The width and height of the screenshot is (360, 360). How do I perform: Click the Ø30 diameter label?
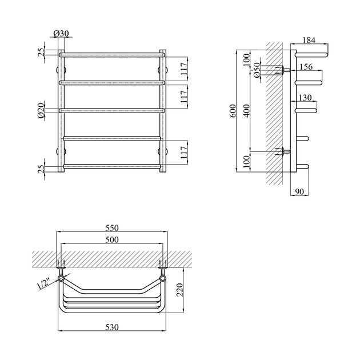tap(62, 34)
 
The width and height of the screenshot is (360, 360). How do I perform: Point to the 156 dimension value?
tap(306, 67)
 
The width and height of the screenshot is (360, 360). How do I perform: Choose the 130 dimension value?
tap(304, 98)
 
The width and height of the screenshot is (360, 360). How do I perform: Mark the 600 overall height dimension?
tap(233, 111)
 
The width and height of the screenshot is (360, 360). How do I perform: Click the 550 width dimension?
tap(112, 227)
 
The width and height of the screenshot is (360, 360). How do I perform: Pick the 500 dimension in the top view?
tap(112, 240)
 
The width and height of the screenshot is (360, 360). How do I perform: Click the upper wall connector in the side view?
tap(283, 70)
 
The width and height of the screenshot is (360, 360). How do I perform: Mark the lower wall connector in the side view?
tap(283, 152)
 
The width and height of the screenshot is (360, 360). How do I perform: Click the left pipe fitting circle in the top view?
tap(61, 278)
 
